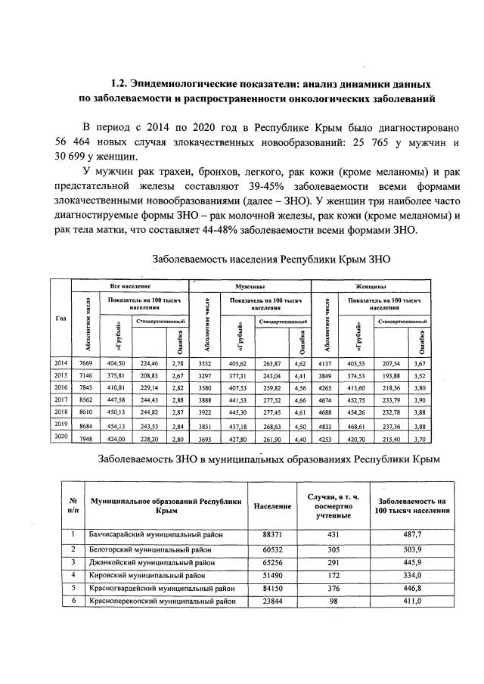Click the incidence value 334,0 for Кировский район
point(411,576)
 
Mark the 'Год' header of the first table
point(60,318)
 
